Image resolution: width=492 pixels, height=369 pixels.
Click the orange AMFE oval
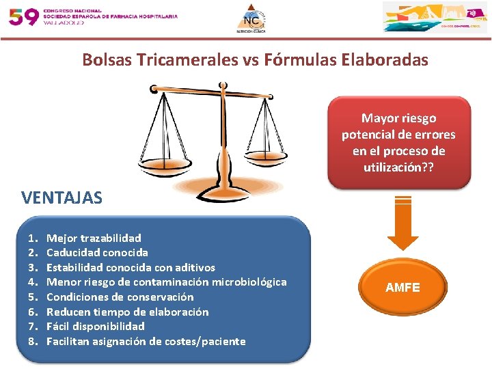point(402,288)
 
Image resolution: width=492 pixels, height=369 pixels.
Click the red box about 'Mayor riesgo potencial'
point(398,142)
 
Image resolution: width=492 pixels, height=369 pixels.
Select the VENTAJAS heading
point(61,198)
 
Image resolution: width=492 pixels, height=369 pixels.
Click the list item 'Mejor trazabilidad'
point(94,238)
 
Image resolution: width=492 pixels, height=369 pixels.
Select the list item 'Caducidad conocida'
point(97,253)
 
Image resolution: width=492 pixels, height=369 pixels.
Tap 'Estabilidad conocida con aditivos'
point(131,267)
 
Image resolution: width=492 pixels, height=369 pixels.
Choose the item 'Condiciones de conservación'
point(120,297)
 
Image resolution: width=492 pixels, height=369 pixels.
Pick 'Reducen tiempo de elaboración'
point(127,312)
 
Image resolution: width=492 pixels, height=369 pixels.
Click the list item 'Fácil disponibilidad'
point(95,327)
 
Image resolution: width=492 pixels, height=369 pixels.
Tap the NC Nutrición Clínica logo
point(254,18)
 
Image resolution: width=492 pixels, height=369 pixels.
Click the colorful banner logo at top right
point(435,17)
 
